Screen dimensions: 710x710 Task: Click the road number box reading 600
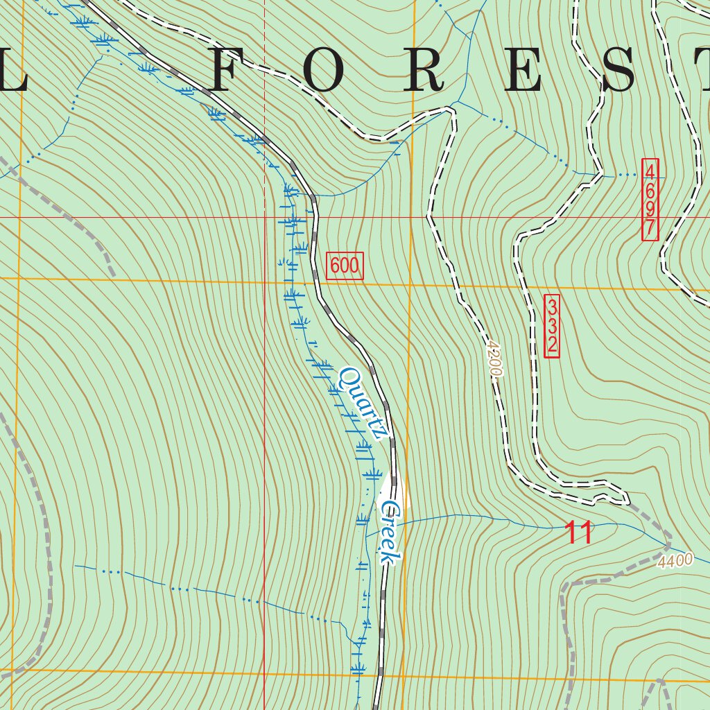click(345, 266)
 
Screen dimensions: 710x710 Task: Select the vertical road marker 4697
click(650, 200)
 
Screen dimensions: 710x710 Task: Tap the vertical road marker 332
click(552, 326)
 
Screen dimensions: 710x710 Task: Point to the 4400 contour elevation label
click(677, 560)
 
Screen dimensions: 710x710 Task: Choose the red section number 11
click(578, 533)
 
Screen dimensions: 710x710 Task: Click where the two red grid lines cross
click(264, 217)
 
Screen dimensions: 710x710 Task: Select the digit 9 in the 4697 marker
click(650, 209)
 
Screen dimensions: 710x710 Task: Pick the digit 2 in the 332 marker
click(552, 345)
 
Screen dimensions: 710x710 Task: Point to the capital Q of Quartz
click(347, 379)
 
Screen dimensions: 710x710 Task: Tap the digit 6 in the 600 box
click(335, 266)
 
